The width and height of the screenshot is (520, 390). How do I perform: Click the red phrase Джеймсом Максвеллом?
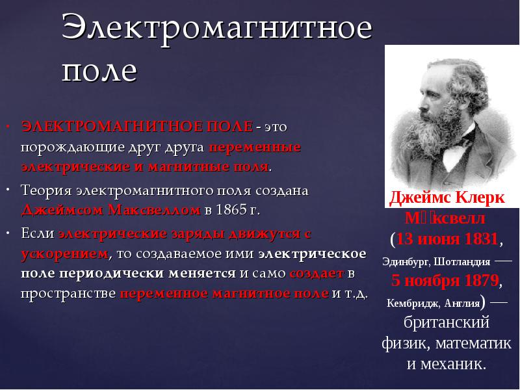click(x=110, y=210)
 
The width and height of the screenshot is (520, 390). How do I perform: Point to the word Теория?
click(x=46, y=190)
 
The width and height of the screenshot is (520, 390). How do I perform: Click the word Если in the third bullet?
click(x=38, y=233)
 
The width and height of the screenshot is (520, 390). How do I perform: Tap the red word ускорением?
click(x=64, y=254)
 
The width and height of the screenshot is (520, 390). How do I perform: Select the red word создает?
click(x=317, y=274)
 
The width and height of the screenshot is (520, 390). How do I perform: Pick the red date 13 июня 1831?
click(x=447, y=239)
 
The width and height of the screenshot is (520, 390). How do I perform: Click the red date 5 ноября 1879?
click(x=445, y=281)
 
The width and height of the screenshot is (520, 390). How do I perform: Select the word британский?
click(x=447, y=322)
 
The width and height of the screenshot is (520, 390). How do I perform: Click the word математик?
click(x=473, y=343)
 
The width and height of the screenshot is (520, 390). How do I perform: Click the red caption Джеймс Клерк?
click(x=447, y=198)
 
